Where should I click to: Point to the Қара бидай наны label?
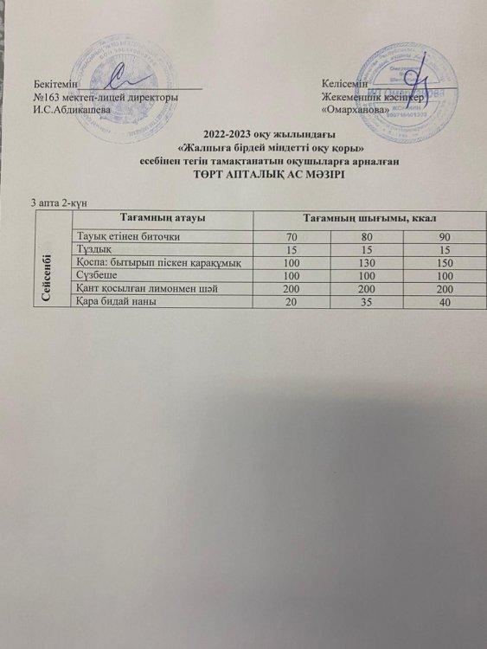pyautogui.click(x=119, y=299)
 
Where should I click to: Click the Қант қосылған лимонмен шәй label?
pyautogui.click(x=144, y=287)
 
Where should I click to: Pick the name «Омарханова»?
pyautogui.click(x=356, y=112)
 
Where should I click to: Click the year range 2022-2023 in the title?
pyautogui.click(x=224, y=134)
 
